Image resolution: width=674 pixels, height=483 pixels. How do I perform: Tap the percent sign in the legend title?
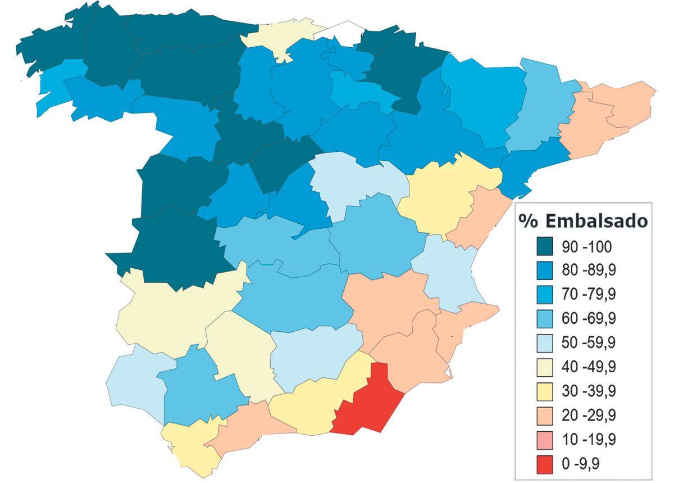point(529,220)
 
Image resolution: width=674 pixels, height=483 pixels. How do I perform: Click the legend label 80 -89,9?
point(589,270)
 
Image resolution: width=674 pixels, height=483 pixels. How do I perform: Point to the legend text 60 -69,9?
point(589,319)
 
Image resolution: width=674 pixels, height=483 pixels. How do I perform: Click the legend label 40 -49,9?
point(589,367)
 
